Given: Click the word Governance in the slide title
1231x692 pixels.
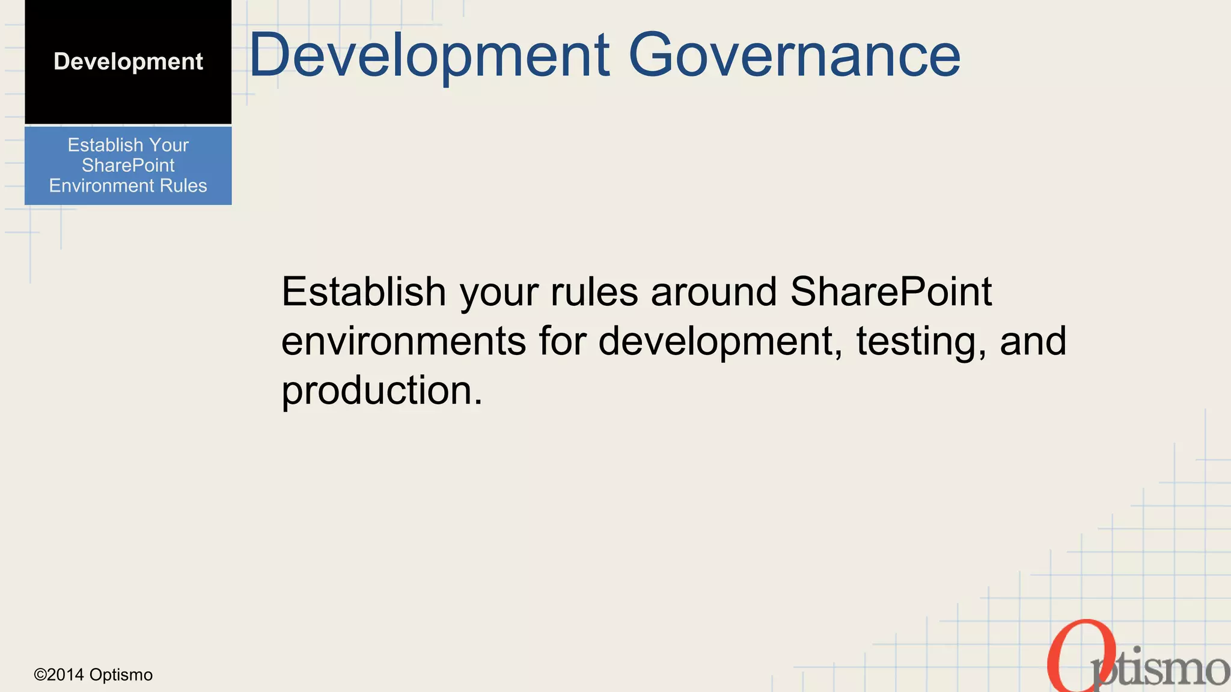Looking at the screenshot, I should pyautogui.click(x=794, y=55).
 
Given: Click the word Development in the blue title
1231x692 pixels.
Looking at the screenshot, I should pyautogui.click(x=429, y=55).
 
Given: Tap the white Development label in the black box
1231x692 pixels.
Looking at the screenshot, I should pyautogui.click(x=128, y=61).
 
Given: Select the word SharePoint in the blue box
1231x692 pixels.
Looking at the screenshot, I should pyautogui.click(x=128, y=165).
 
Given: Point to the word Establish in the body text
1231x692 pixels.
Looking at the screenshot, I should pyautogui.click(x=364, y=292).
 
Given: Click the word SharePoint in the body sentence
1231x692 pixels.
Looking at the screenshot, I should pyautogui.click(x=890, y=292).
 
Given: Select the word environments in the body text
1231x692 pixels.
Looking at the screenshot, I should pyautogui.click(x=403, y=341).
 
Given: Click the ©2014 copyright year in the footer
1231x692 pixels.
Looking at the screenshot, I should pyautogui.click(x=59, y=675).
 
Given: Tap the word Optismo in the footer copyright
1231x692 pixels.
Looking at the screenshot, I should pyautogui.click(x=121, y=675).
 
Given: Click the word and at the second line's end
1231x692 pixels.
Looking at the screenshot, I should pyautogui.click(x=1033, y=341).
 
